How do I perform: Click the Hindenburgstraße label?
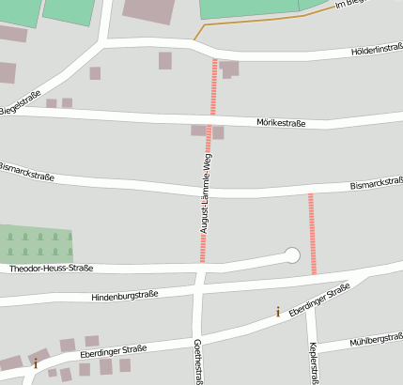[x=124, y=296]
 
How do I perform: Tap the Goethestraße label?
[x=198, y=362]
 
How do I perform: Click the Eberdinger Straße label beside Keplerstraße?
[x=319, y=298]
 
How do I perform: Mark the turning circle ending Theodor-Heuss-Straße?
[x=291, y=254]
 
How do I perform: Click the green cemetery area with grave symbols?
[x=36, y=243]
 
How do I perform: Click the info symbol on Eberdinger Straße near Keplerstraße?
[x=277, y=311]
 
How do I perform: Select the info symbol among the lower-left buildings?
[x=36, y=362]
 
